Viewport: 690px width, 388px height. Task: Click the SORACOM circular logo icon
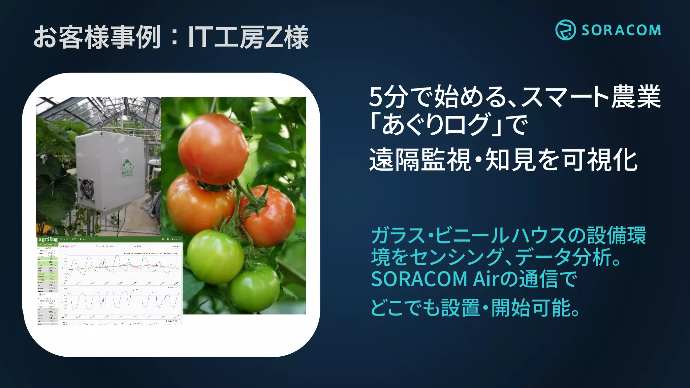click(x=565, y=30)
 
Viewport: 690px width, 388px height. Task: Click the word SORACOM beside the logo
click(x=621, y=30)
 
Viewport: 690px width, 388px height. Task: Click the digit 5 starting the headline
click(x=376, y=97)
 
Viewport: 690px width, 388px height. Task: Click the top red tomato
click(x=213, y=148)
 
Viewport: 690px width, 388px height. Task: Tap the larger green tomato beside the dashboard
click(x=215, y=257)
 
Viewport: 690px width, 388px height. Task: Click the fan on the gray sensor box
click(x=87, y=190)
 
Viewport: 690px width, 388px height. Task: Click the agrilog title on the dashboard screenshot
click(x=48, y=239)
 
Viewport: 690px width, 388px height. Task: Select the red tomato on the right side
click(x=269, y=216)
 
